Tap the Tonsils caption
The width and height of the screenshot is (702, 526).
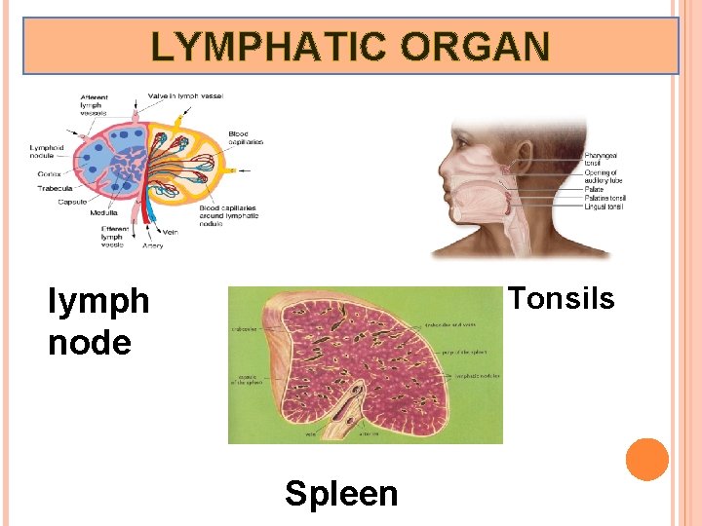[562, 298]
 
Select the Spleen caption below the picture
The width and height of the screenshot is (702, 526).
[341, 493]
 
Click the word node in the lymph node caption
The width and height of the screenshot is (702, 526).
[90, 342]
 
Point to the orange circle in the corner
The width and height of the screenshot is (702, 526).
[647, 460]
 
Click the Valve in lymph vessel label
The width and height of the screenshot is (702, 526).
[185, 95]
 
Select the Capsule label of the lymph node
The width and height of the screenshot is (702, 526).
[72, 202]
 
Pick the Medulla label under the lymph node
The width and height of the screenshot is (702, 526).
[104, 212]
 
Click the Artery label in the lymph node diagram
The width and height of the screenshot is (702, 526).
[152, 245]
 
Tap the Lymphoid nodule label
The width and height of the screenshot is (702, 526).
[46, 151]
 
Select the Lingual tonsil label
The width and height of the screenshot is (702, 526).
[604, 207]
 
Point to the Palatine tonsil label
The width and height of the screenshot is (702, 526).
[604, 198]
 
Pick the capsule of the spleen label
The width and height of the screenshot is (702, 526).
[245, 379]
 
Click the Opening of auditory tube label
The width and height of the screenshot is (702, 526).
[602, 176]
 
